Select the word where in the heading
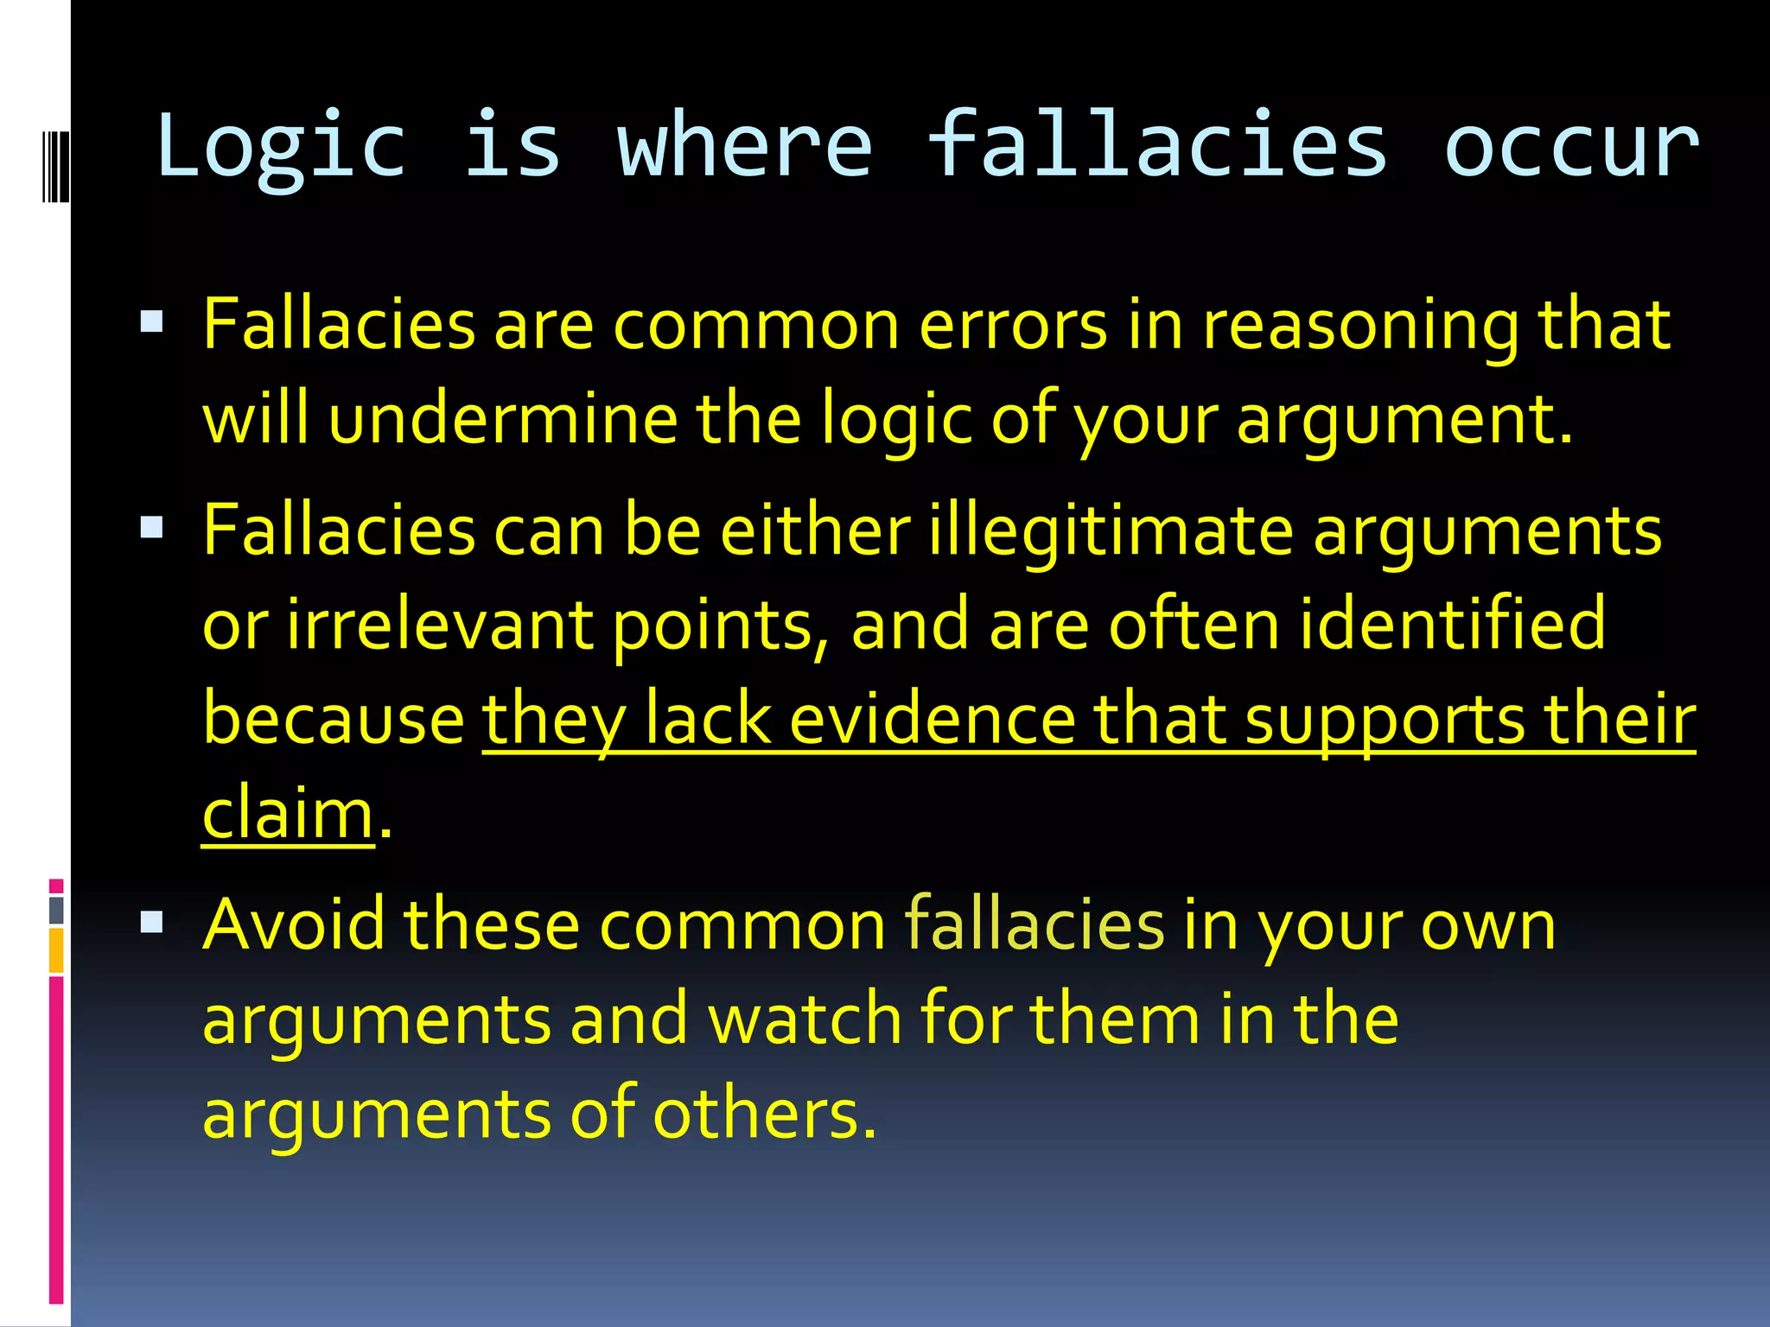point(744,145)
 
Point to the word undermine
point(503,420)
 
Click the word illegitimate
point(1111,530)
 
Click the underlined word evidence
point(932,720)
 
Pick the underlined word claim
point(288,814)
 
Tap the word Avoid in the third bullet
point(293,924)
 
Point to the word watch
point(805,1019)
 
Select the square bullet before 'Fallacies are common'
point(151,323)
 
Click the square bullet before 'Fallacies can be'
point(151,527)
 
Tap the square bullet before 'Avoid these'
point(151,923)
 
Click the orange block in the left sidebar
point(56,950)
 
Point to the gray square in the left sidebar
point(56,910)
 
